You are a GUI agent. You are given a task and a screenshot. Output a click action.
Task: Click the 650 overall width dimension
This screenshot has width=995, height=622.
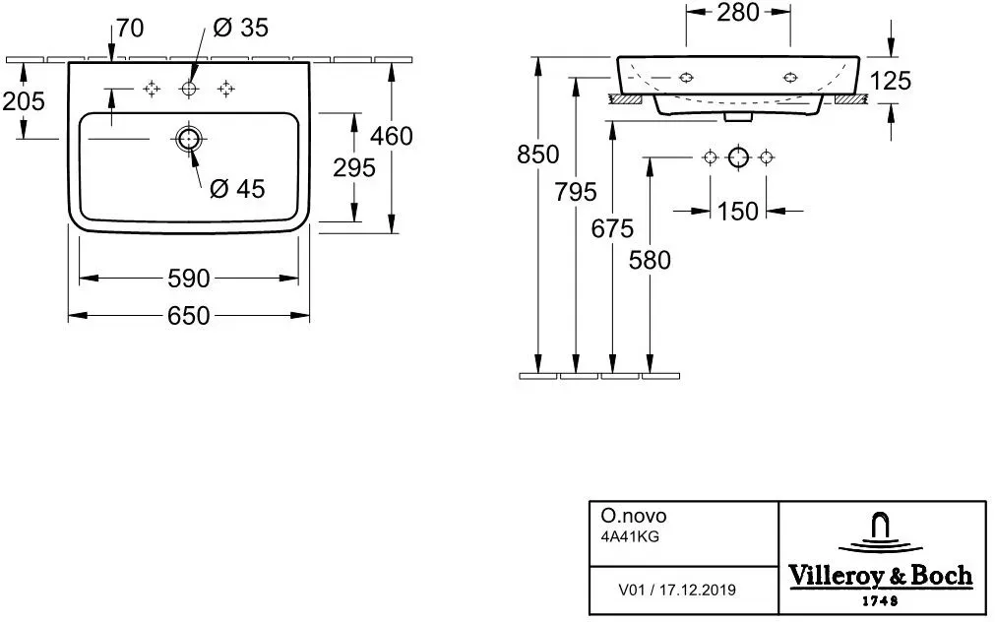click(188, 316)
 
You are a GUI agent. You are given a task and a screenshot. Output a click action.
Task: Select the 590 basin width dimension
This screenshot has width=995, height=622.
click(188, 278)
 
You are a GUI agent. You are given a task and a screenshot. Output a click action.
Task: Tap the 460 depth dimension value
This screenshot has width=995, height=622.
click(392, 136)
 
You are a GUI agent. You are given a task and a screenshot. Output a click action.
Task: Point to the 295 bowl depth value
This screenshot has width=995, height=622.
click(354, 167)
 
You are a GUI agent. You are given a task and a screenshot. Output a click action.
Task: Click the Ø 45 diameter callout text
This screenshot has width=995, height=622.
click(237, 189)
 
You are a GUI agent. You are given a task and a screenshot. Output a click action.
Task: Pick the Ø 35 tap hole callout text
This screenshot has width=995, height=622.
click(241, 28)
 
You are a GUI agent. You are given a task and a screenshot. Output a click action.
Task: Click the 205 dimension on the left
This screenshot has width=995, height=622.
click(24, 101)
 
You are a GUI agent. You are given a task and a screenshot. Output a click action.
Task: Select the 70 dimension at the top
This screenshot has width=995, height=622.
click(131, 28)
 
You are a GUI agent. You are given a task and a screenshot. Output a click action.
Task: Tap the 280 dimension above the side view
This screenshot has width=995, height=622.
click(738, 12)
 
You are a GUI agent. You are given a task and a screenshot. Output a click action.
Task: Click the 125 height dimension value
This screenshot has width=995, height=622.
click(891, 81)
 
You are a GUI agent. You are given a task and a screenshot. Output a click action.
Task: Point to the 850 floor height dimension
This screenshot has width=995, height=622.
click(538, 155)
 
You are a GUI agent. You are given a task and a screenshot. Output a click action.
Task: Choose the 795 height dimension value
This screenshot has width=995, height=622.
click(576, 192)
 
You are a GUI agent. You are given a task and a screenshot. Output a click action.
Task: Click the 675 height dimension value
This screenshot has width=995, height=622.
click(612, 228)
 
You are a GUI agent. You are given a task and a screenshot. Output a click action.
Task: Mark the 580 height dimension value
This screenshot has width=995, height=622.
click(650, 260)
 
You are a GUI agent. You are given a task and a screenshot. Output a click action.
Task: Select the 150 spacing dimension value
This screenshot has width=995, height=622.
click(738, 211)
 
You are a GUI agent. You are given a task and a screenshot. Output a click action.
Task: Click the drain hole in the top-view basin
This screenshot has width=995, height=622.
click(188, 139)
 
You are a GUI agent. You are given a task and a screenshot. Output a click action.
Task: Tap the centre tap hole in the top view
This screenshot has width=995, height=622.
click(189, 89)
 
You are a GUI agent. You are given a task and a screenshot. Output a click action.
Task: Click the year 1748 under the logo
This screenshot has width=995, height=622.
click(880, 600)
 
